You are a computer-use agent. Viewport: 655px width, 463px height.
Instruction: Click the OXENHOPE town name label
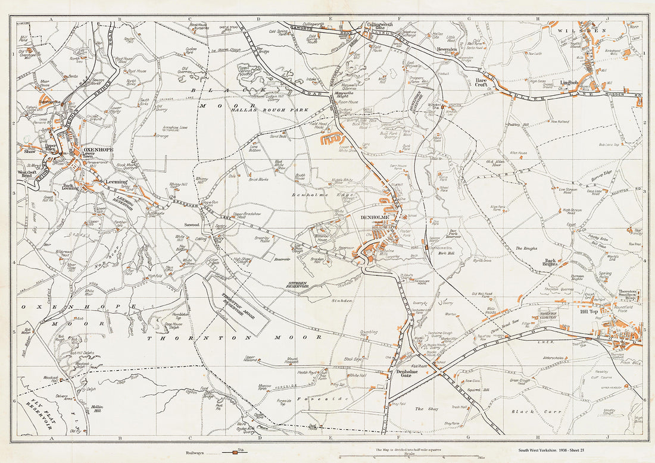tap(98, 150)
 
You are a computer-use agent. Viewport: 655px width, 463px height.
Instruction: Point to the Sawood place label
tap(191, 225)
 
